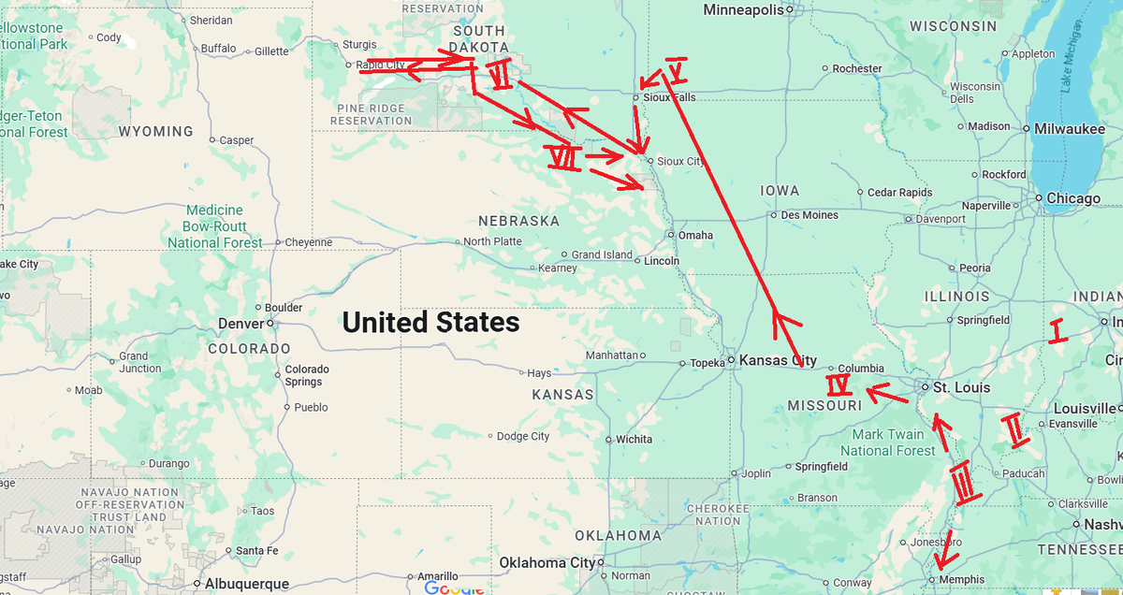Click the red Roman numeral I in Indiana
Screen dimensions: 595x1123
(1057, 332)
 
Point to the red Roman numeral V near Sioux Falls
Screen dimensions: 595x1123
(677, 69)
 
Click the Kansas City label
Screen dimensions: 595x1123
(778, 360)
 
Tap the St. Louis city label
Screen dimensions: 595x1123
(962, 386)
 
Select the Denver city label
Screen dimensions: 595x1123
(241, 324)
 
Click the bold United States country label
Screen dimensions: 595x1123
(430, 323)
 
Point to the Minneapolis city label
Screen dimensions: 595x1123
(743, 9)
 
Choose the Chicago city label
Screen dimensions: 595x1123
(1073, 198)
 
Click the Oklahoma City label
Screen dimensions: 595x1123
(546, 562)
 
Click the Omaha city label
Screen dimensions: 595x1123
(695, 236)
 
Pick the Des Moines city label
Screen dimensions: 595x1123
(809, 215)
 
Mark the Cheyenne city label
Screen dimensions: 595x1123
(309, 242)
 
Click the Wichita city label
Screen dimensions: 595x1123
(634, 439)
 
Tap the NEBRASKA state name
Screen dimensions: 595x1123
(518, 222)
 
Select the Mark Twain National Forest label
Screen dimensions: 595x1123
(888, 443)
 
